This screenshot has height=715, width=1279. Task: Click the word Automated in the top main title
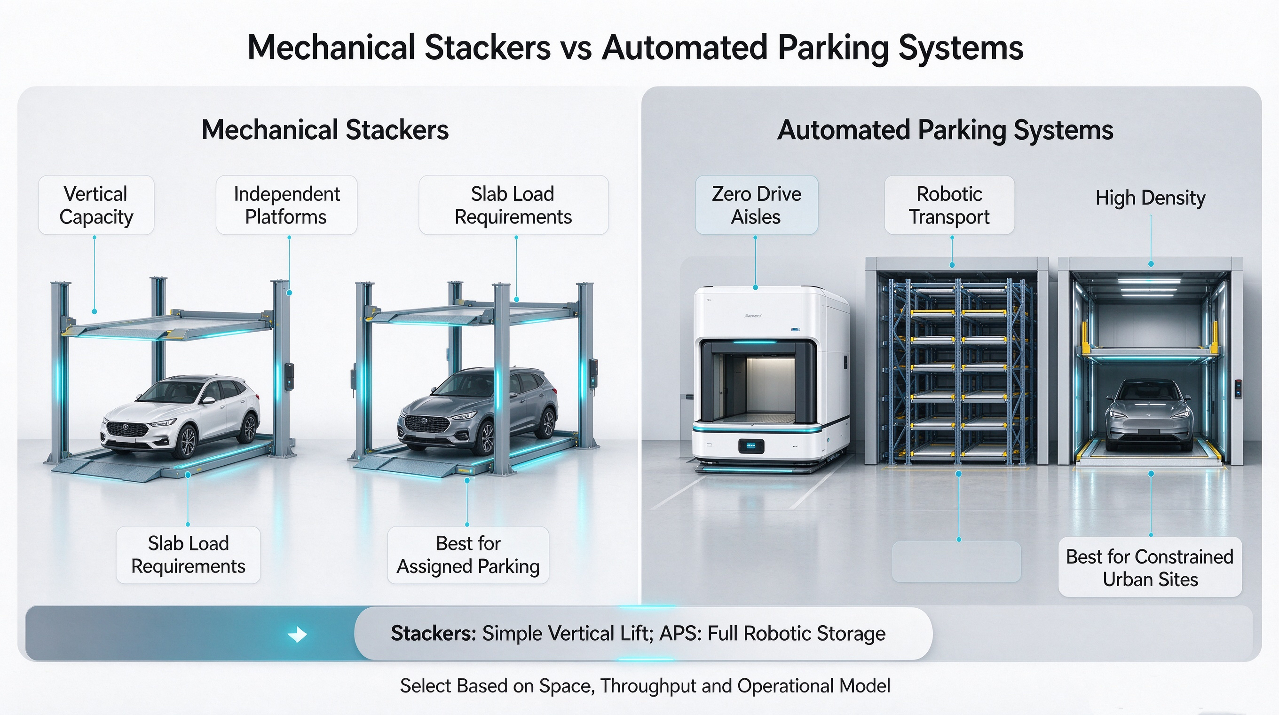click(685, 48)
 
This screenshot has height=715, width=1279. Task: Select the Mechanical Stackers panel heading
click(325, 130)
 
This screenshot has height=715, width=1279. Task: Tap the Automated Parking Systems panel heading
click(945, 131)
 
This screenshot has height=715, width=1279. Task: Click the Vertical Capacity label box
click(96, 205)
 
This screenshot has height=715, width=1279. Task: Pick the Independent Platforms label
click(286, 205)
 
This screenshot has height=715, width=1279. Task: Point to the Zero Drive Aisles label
click(756, 205)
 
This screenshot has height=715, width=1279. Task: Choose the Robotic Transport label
click(949, 205)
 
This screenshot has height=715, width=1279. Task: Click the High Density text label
click(1151, 198)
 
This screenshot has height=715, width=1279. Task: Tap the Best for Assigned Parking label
click(468, 555)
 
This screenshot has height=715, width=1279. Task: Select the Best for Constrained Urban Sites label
click(1150, 567)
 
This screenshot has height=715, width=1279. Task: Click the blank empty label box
click(956, 562)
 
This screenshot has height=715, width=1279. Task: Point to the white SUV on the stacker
click(180, 416)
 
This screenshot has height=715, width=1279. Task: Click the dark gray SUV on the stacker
click(477, 411)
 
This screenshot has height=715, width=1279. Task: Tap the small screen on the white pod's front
click(751, 446)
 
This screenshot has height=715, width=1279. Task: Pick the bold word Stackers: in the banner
click(434, 634)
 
